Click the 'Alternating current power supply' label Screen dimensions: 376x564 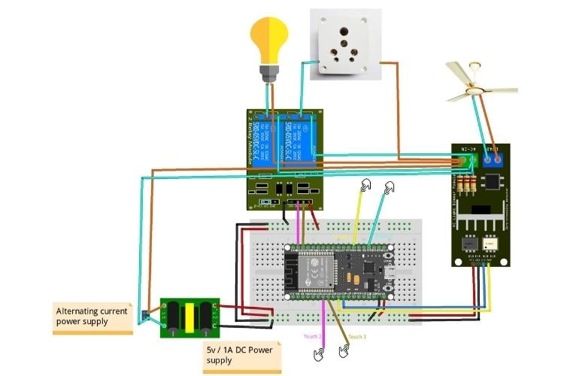tap(92, 316)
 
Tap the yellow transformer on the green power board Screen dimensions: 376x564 tap(191, 317)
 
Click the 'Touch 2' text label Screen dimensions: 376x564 tap(314, 337)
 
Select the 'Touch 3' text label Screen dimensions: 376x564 tap(357, 337)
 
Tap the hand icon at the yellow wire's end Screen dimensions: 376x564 tap(365, 185)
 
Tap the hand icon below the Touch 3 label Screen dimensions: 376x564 tap(346, 350)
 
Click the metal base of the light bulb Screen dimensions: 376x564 tap(269, 73)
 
